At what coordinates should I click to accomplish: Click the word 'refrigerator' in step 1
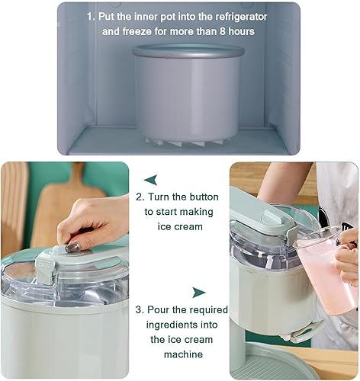coord(241,17)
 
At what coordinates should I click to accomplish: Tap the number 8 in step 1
coord(222,31)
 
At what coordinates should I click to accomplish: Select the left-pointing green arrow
coord(151,180)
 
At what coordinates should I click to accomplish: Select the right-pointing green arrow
coord(198,293)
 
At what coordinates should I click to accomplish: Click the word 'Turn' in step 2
coord(159,197)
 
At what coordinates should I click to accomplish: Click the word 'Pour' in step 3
coord(158,310)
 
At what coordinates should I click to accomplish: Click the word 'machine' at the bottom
coord(183,354)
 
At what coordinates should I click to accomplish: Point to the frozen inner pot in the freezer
coord(188,94)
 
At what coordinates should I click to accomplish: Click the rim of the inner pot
coord(188,51)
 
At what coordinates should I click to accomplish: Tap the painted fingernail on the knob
coord(72,248)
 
